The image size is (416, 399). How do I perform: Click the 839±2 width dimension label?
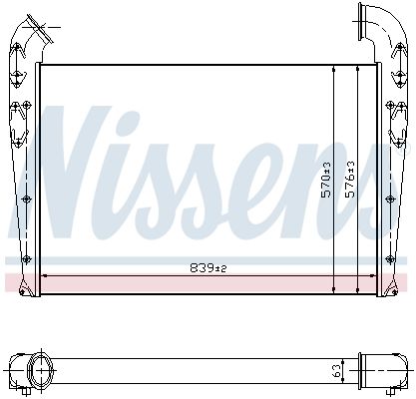(208, 267)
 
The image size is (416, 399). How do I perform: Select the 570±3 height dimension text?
(326, 180)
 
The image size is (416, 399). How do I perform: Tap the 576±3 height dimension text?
(350, 180)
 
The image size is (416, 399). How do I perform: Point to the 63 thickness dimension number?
(337, 371)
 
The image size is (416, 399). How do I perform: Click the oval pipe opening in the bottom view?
(41, 370)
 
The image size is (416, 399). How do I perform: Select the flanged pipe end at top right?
(360, 22)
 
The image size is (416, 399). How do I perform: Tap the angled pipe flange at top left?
(41, 29)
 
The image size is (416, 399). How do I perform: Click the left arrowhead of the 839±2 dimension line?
(44, 275)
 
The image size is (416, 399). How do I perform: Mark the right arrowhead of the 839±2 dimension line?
(373, 275)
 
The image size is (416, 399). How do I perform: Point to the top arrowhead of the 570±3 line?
(334, 69)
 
